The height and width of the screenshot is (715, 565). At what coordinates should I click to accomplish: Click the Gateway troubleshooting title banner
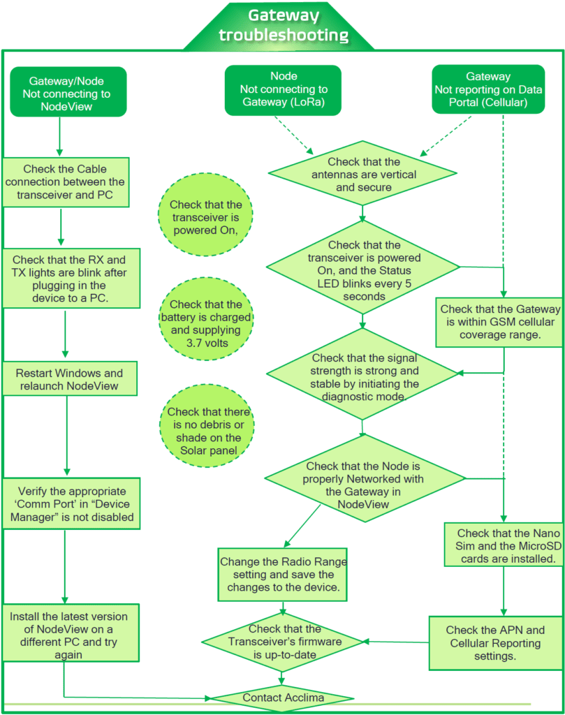click(283, 25)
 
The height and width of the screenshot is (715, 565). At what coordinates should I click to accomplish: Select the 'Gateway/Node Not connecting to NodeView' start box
click(69, 92)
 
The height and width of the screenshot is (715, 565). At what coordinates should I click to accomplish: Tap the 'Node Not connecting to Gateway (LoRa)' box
click(284, 90)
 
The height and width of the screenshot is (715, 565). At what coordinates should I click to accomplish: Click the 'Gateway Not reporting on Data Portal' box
click(487, 90)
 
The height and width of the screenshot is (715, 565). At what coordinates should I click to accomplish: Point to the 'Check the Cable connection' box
click(65, 182)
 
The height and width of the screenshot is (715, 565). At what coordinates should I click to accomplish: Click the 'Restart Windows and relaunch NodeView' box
click(68, 379)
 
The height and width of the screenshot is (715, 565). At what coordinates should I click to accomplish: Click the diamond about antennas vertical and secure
click(363, 175)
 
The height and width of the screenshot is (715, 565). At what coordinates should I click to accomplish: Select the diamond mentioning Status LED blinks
click(363, 270)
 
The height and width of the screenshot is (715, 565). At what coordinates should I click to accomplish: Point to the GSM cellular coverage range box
click(499, 321)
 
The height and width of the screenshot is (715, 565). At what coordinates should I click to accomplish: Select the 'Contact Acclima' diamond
click(283, 698)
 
